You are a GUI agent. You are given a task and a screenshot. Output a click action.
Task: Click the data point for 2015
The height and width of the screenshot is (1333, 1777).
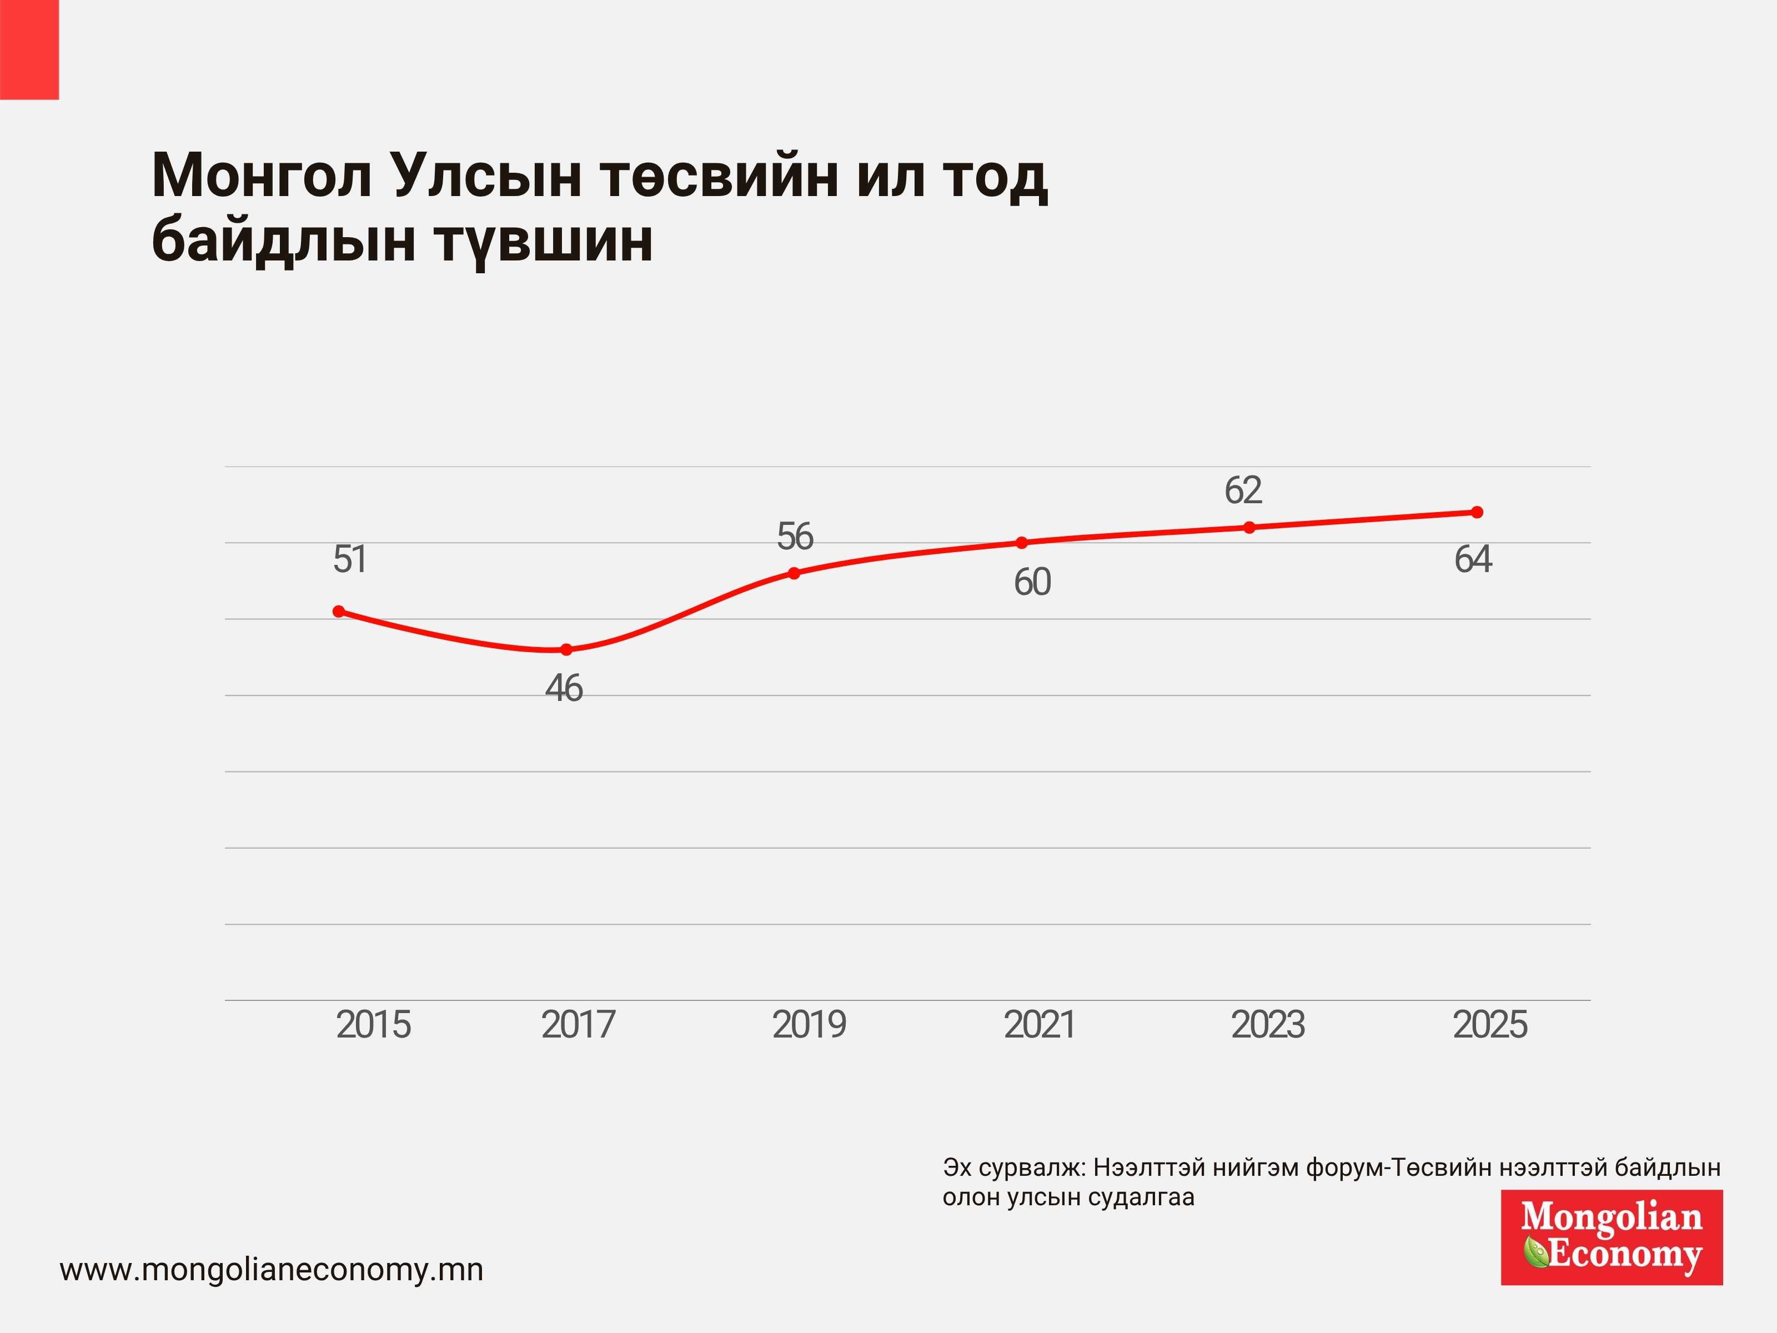(x=339, y=612)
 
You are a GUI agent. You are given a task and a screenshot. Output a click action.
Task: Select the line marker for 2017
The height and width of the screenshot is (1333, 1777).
(x=566, y=649)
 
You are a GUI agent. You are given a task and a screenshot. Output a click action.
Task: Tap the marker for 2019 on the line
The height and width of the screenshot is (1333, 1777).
(x=794, y=573)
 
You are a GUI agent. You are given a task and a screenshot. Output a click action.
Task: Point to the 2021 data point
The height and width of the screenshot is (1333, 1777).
(x=1022, y=542)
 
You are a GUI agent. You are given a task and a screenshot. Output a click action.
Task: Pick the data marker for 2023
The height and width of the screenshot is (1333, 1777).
(x=1249, y=527)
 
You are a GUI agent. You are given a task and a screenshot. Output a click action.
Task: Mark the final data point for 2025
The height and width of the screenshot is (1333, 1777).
(x=1477, y=512)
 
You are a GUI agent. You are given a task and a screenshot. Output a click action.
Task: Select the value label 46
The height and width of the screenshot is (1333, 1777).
(x=564, y=689)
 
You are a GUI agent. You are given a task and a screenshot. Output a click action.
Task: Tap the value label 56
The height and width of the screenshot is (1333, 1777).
(x=795, y=537)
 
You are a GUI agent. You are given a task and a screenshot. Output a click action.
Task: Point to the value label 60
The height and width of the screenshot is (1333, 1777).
(x=1032, y=583)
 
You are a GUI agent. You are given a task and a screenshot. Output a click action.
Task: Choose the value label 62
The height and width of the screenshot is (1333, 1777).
(x=1243, y=490)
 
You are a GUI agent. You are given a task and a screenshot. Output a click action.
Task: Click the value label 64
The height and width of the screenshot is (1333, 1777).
(x=1473, y=559)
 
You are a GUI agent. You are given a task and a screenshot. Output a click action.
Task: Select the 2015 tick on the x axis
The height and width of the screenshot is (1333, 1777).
(x=374, y=1024)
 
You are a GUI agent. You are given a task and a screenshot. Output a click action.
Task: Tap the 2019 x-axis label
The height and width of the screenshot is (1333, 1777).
(x=810, y=1024)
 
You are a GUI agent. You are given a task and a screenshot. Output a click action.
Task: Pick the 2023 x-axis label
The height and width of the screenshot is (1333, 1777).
(x=1268, y=1024)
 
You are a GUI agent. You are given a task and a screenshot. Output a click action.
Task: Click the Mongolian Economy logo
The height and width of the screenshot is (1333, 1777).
(x=1612, y=1237)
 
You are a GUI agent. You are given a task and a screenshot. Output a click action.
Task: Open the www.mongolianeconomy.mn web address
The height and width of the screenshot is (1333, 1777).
(x=272, y=1270)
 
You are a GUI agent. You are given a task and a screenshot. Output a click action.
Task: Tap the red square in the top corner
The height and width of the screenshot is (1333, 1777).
(x=30, y=50)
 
